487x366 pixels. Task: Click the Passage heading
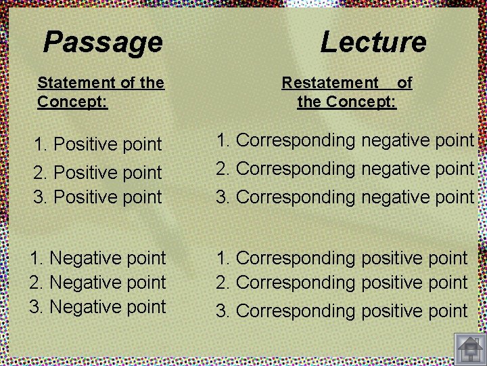103,42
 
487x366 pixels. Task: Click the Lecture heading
373,42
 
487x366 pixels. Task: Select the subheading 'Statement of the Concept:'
101,93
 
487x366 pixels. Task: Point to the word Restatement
330,83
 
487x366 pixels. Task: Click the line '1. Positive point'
98,144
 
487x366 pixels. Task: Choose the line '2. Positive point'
98,173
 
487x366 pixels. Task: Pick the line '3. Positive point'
98,197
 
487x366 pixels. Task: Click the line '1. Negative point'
98,258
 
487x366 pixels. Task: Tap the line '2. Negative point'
98,282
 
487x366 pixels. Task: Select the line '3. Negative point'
98,307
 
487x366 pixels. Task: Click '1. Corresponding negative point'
345,141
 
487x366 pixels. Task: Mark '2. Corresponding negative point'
345,169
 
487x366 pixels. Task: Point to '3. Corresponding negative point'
345,197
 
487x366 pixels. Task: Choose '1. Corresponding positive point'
342,258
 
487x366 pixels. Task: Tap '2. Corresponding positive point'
342,282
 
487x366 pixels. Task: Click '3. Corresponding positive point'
342,311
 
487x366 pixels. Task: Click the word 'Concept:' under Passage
72,103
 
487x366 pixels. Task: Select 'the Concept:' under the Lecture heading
346,103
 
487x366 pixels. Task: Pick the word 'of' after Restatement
404,83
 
